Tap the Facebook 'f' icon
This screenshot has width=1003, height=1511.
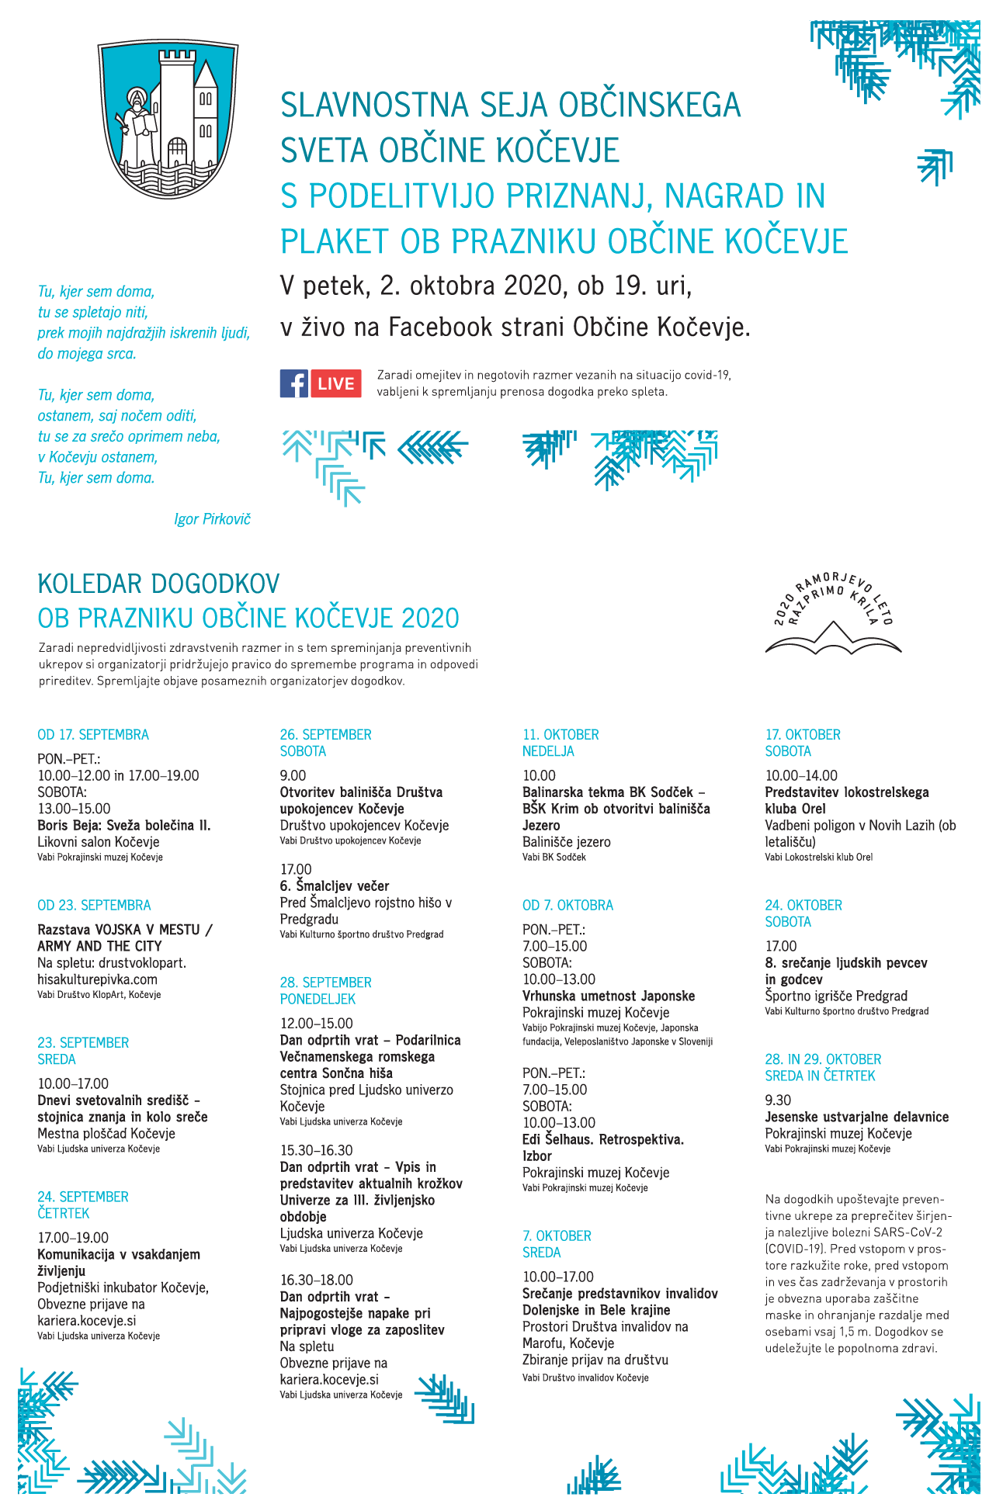pyautogui.click(x=294, y=383)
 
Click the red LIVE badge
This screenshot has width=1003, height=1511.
pyautogui.click(x=336, y=383)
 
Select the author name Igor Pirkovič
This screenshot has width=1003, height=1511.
pyautogui.click(x=212, y=519)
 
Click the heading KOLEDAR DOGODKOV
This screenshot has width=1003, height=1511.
pyautogui.click(x=158, y=584)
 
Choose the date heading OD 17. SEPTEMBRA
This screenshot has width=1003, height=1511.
pyautogui.click(x=93, y=734)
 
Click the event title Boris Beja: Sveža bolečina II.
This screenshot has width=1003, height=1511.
pyautogui.click(x=124, y=825)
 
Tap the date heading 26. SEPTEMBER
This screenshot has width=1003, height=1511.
pyautogui.click(x=325, y=734)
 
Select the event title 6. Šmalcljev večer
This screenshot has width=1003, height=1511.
pyautogui.click(x=335, y=885)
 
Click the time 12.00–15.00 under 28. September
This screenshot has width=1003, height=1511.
pyautogui.click(x=316, y=1023)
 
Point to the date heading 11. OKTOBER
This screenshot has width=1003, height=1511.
pyautogui.click(x=560, y=734)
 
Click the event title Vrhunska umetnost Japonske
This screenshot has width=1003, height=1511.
pyautogui.click(x=609, y=996)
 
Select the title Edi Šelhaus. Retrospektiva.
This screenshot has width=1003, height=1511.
pyautogui.click(x=603, y=1139)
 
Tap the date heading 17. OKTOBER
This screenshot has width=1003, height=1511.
pyautogui.click(x=803, y=734)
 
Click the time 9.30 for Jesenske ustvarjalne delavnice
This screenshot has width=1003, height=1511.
pyautogui.click(x=778, y=1100)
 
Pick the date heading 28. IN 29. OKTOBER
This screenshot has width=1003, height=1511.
pyautogui.click(x=823, y=1059)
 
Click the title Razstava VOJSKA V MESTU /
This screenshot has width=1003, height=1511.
pyautogui.click(x=125, y=929)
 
